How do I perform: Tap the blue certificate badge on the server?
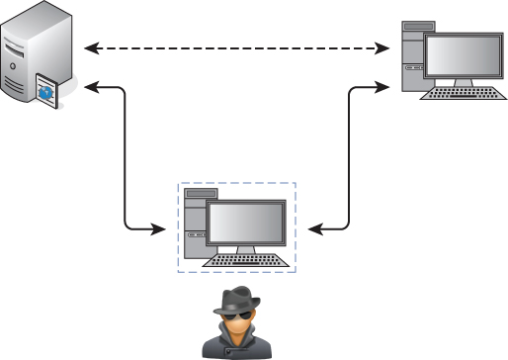point(48,91)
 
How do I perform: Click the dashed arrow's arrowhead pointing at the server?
point(90,46)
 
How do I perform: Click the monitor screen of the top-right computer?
point(464,53)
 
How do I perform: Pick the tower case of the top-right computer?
point(410,54)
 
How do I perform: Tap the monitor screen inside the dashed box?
point(245,222)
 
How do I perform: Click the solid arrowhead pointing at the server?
point(90,87)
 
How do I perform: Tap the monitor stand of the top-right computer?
point(464,85)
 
